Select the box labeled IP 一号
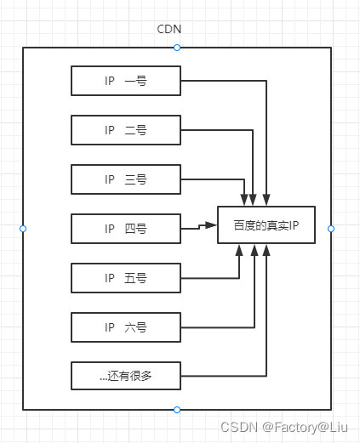point(125,82)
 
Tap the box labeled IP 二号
point(125,130)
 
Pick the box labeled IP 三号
point(125,179)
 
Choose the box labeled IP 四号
point(125,228)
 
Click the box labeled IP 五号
point(125,277)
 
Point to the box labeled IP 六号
point(125,326)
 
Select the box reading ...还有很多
point(125,375)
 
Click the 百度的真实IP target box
point(266,226)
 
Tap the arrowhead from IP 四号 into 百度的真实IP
point(213,225)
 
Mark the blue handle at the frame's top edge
point(177,48)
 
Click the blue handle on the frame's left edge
point(23,229)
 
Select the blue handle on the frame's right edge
point(331,229)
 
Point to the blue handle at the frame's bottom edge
point(177,410)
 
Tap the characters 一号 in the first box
point(136,82)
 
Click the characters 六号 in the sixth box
point(136,326)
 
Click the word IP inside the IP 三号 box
point(110,179)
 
